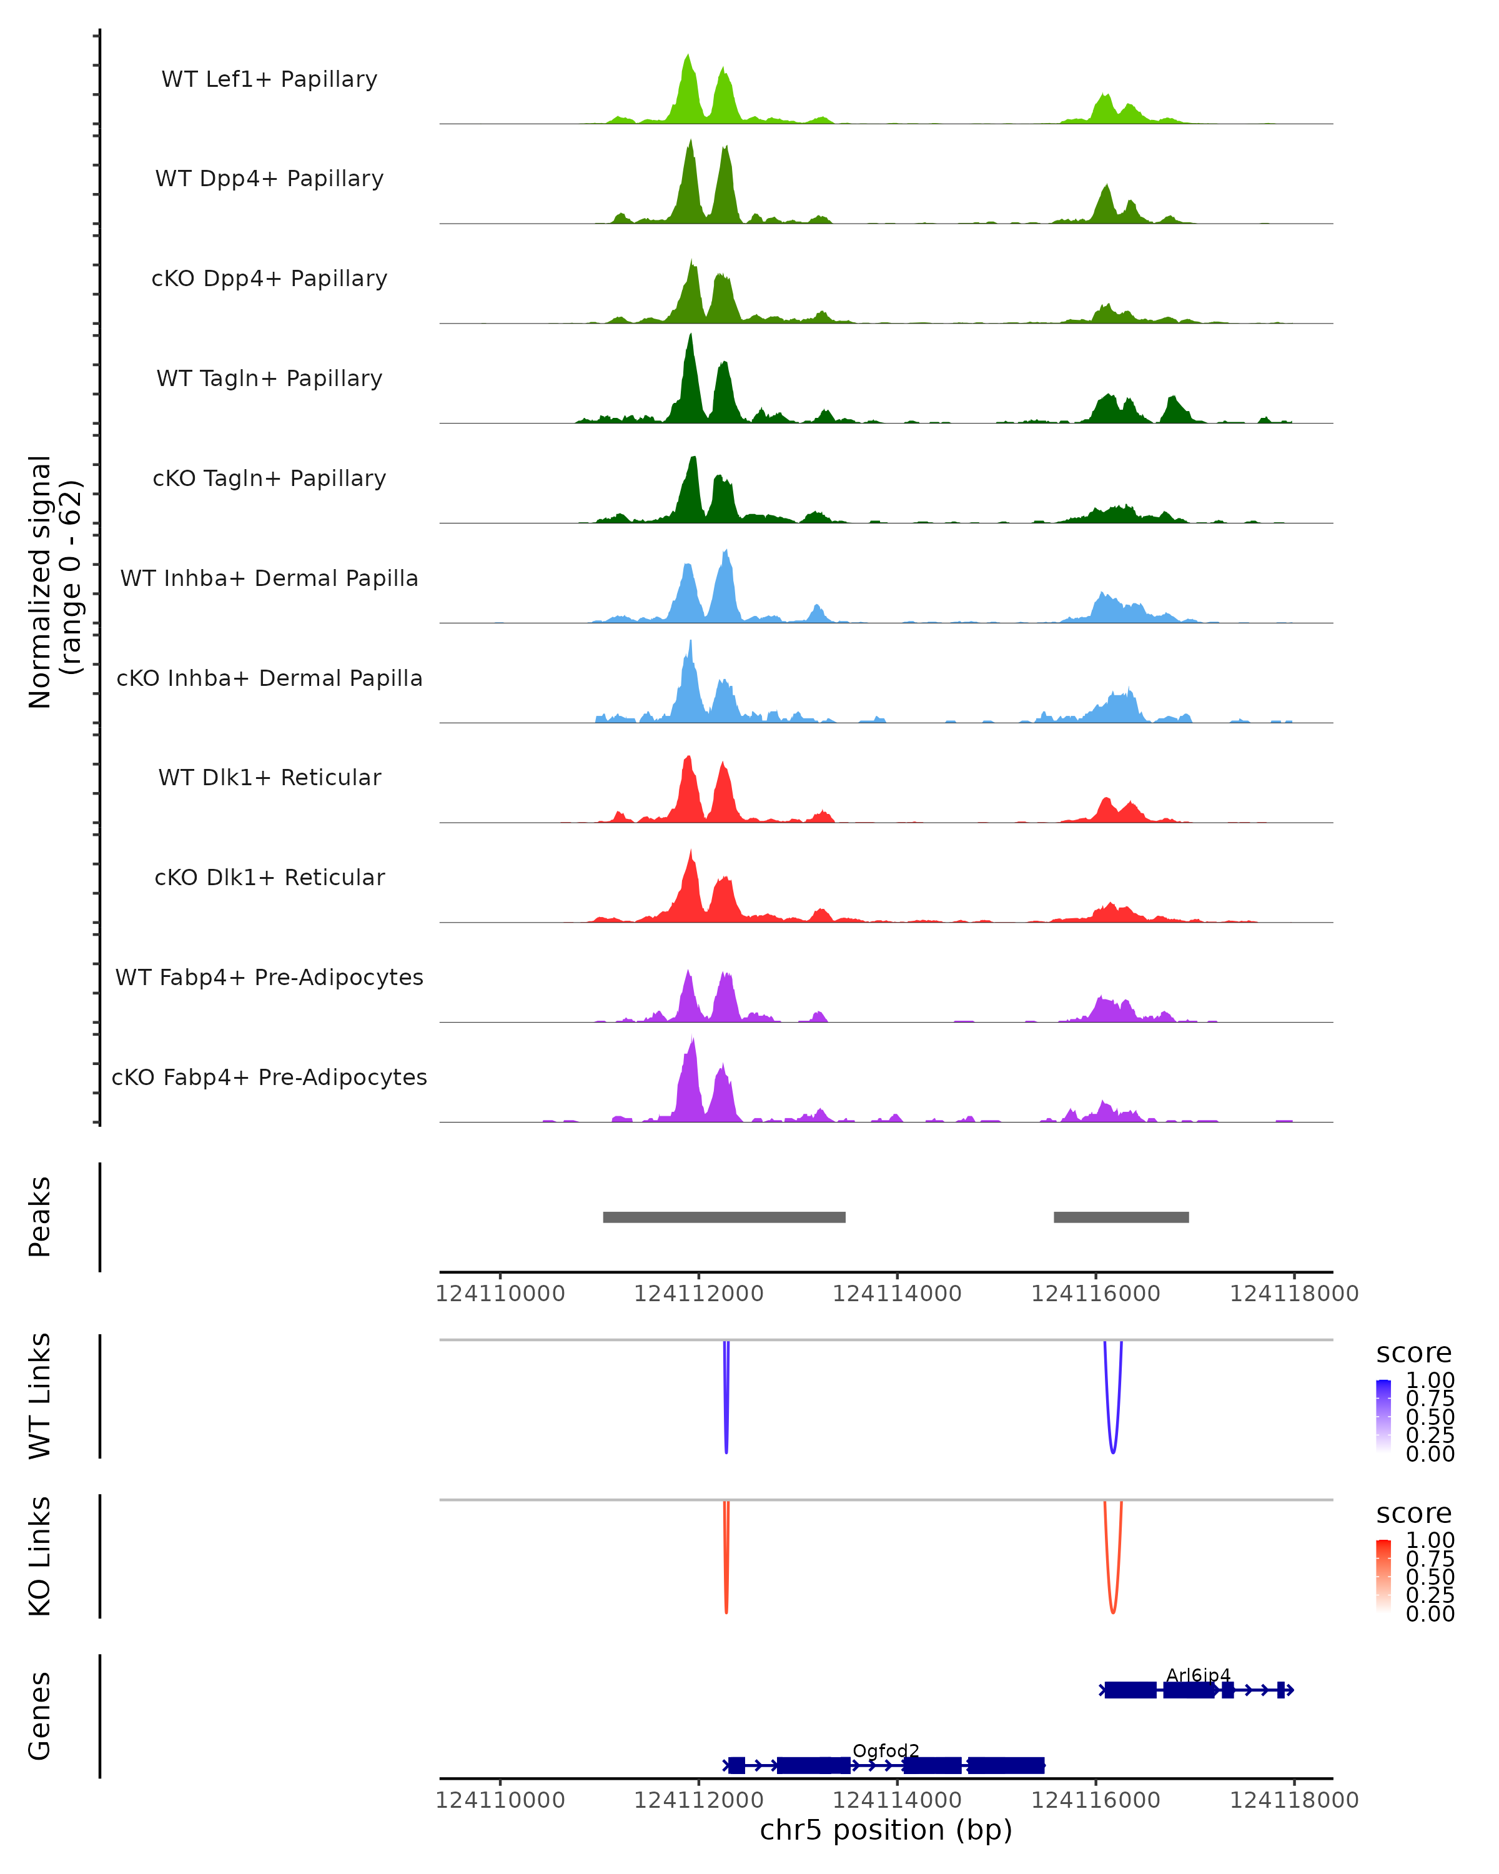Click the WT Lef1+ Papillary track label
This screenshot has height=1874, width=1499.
269,79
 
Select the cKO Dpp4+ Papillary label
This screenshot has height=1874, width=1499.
269,278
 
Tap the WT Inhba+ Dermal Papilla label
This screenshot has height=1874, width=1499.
269,578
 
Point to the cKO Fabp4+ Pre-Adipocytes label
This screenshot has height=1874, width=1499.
269,1077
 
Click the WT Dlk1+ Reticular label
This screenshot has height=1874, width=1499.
269,777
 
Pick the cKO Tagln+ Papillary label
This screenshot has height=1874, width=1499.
269,478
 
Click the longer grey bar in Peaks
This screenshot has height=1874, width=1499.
724,1217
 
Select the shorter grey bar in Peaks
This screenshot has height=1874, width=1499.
1121,1217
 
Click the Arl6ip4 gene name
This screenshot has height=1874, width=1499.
1199,1675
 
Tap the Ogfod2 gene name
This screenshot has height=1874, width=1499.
886,1750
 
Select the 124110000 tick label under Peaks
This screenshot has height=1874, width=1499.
500,1294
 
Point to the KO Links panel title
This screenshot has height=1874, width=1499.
40,1556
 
